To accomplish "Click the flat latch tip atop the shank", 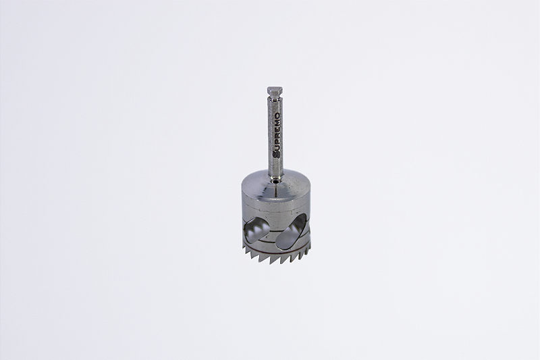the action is tap(274, 91).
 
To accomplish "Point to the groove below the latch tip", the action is tap(275, 99).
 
